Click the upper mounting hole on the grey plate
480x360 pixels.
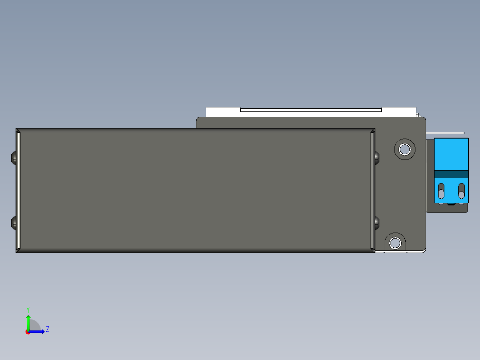click(x=405, y=149)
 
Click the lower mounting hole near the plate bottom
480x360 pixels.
click(x=395, y=243)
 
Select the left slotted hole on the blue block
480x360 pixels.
click(x=441, y=191)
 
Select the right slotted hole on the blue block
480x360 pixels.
click(x=461, y=191)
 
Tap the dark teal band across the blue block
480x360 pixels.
click(x=451, y=174)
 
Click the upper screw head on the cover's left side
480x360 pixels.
click(x=13, y=157)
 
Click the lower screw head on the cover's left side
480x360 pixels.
click(x=13, y=223)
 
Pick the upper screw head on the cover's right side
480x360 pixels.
click(x=377, y=157)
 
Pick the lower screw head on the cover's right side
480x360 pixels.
click(x=377, y=223)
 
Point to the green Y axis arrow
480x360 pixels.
click(x=28, y=322)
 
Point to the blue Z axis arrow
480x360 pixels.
click(x=38, y=331)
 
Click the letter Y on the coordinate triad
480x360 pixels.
click(x=28, y=309)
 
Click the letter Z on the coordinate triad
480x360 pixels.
click(x=48, y=330)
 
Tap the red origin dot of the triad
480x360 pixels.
click(x=28, y=332)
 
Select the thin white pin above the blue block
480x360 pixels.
click(x=445, y=133)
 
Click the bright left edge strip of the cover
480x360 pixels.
click(x=18, y=191)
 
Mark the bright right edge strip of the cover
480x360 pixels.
click(x=372, y=191)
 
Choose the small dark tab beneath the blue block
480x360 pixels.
click(x=452, y=205)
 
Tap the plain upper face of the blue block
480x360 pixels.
click(x=451, y=154)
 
